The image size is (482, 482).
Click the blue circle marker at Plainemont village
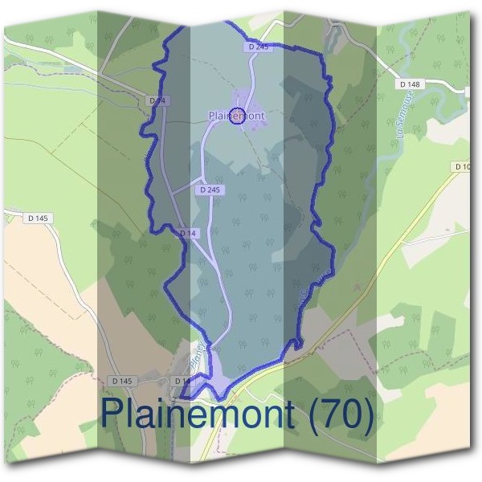pos(237,116)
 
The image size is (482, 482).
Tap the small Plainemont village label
pos(236,116)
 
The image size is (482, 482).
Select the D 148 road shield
pos(409,84)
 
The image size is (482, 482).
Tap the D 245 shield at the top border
pos(258,48)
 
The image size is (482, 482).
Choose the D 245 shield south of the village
pos(208,190)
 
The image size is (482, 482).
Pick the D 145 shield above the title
pos(122,380)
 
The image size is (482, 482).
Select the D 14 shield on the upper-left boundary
pos(157,100)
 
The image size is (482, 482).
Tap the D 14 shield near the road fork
pos(188,233)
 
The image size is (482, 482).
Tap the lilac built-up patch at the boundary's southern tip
pos(217,371)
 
